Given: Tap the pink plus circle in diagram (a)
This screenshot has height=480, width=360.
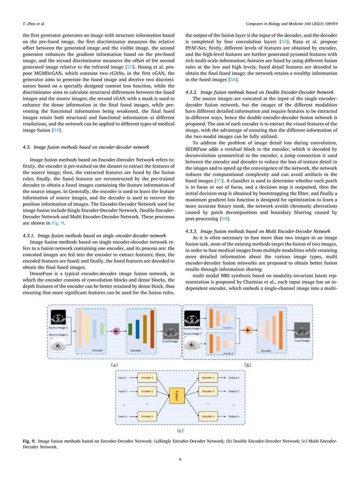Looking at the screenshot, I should tap(116, 331).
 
